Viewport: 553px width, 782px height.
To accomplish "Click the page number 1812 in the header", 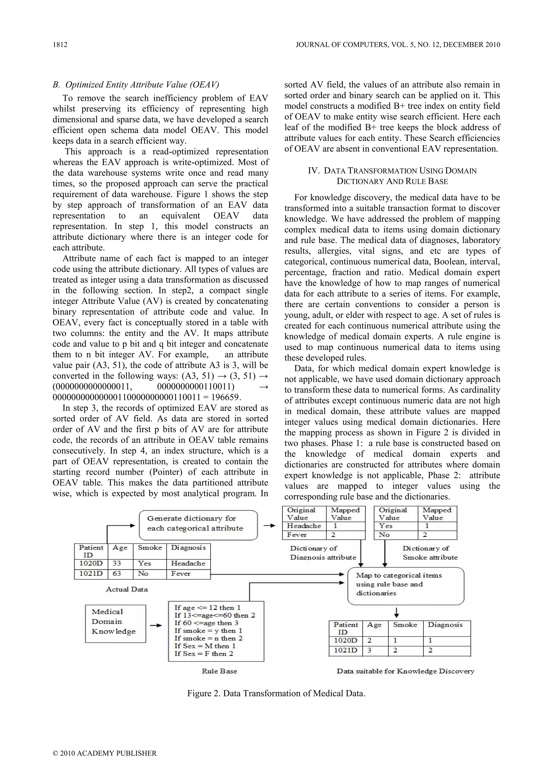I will pos(60,45).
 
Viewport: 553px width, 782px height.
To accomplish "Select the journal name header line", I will pos(398,45).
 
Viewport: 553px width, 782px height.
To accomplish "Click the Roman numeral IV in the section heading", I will pos(313,171).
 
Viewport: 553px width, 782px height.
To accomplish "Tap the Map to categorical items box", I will pos(406,584).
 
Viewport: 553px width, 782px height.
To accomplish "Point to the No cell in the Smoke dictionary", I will pos(385,535).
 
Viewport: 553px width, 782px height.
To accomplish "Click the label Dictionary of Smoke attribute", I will pos(430,553).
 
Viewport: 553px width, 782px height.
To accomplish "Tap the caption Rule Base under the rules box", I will pos(219,671).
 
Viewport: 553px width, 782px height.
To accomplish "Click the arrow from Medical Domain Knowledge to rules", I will pos(156,625).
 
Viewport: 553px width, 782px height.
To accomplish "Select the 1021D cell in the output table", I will pos(345,650).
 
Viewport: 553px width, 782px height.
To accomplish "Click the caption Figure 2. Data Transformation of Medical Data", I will pos(276,693).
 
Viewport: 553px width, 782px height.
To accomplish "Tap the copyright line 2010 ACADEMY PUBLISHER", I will pos(104,753).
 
